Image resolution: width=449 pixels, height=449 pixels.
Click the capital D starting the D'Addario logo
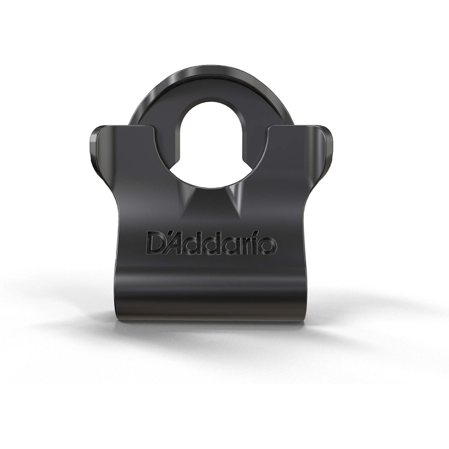pyautogui.click(x=155, y=244)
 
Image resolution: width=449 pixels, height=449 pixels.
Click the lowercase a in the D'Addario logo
pyautogui.click(x=233, y=246)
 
